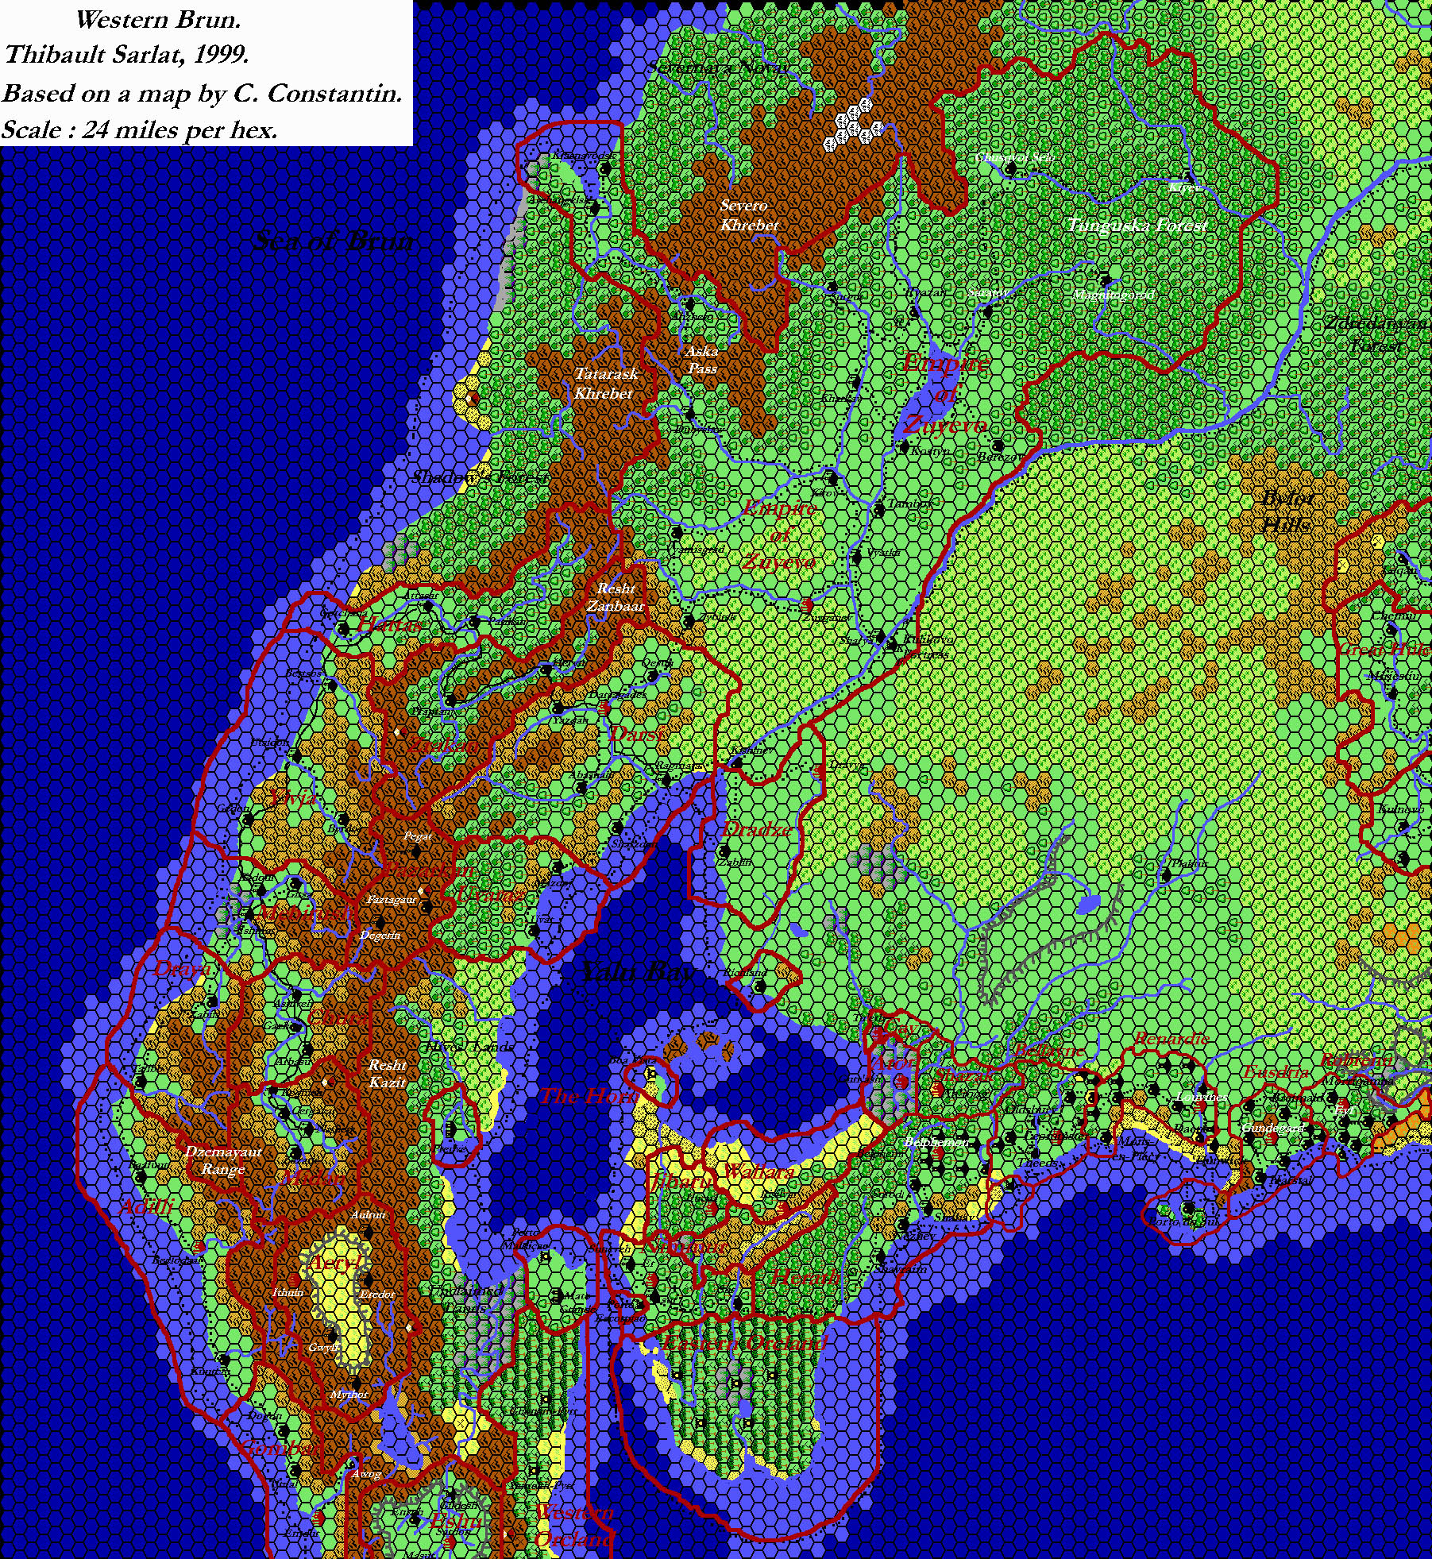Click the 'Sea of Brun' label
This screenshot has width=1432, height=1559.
334,241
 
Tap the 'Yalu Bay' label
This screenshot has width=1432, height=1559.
638,971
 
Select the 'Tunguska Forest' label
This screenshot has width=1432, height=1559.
1137,226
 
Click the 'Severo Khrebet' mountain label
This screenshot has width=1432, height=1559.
748,215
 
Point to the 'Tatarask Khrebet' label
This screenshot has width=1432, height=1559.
605,383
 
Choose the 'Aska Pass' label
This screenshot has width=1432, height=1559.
702,359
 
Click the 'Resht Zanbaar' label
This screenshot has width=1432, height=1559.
616,597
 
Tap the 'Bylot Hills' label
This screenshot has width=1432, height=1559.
1287,511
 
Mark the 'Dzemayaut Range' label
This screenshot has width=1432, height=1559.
223,1160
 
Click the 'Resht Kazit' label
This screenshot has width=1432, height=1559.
388,1073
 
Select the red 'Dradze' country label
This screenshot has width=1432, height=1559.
756,829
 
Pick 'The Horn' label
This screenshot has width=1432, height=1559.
588,1096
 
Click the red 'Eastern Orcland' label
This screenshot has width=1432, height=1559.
744,1342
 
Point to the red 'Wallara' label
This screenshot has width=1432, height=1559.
758,1171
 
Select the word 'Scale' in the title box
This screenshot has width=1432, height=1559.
31,129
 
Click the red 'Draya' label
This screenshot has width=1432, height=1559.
182,968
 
